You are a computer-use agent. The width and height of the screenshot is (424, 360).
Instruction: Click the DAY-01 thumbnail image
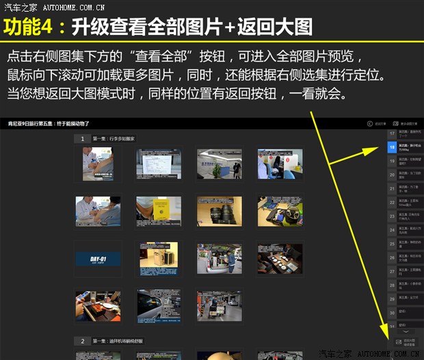pos(98,259)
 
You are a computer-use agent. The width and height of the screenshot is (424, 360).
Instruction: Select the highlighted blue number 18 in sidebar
pos(391,147)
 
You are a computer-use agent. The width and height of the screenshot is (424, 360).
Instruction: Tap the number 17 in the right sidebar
pos(391,133)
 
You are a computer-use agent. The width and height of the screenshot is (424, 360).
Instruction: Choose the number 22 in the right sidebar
pos(391,203)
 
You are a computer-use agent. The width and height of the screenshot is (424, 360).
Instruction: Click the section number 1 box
pos(82,138)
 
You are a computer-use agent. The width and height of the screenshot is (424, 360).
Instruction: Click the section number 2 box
pos(82,340)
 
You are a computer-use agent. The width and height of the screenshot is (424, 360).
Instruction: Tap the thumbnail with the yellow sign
pos(158,211)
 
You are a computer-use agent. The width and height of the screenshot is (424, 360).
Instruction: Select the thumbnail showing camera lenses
pos(219,211)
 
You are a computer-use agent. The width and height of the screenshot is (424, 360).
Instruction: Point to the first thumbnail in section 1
pos(98,165)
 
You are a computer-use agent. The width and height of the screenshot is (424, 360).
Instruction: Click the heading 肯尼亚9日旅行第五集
pos(48,123)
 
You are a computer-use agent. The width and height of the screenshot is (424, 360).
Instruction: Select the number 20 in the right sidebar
pos(391,175)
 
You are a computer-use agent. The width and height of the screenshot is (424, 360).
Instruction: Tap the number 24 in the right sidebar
pos(391,231)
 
